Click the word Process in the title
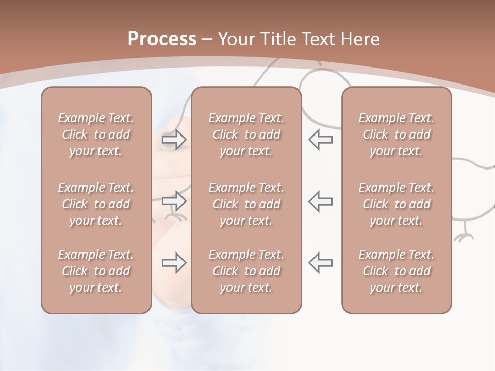click(x=162, y=39)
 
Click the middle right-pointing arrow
click(x=174, y=200)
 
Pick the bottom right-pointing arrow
click(x=174, y=263)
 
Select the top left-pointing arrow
click(x=321, y=140)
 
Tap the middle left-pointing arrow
click(x=321, y=200)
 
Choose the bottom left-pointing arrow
click(x=321, y=263)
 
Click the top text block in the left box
click(x=96, y=134)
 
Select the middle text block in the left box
click(x=96, y=204)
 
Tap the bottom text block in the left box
click(x=96, y=271)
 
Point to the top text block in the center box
click(x=246, y=134)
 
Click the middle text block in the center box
click(x=246, y=204)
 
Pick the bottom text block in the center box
click(x=246, y=271)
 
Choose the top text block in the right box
click(x=397, y=134)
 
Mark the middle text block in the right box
click(x=397, y=204)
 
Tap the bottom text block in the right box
click(x=397, y=271)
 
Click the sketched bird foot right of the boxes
click(x=464, y=235)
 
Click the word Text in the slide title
click(x=316, y=39)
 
